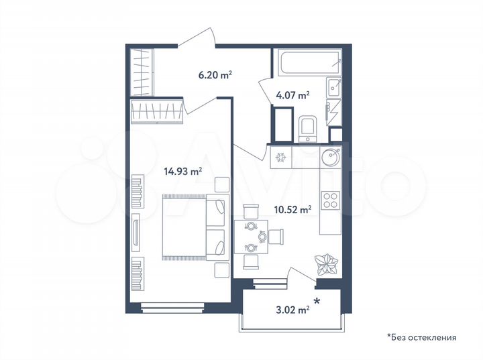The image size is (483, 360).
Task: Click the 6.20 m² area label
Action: click(215, 76)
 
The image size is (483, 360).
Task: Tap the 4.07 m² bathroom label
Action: click(292, 95)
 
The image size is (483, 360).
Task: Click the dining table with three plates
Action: click(251, 236)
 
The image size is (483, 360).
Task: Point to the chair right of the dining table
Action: click(276, 236)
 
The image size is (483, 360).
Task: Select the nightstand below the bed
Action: click(221, 270)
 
